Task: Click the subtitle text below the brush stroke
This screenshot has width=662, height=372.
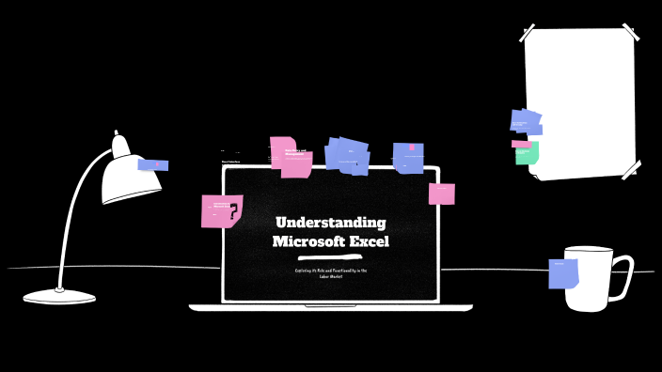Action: click(x=330, y=273)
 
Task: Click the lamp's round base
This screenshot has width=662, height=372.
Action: click(x=59, y=296)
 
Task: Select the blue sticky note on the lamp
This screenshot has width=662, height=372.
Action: click(x=153, y=164)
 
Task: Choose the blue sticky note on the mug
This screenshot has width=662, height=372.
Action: click(x=563, y=272)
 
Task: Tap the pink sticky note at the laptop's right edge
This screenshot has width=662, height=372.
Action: click(x=442, y=194)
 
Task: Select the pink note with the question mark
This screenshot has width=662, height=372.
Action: click(x=221, y=210)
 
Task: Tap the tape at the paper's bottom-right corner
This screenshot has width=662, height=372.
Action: click(x=630, y=169)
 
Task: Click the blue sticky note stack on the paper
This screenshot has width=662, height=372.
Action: click(x=526, y=121)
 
